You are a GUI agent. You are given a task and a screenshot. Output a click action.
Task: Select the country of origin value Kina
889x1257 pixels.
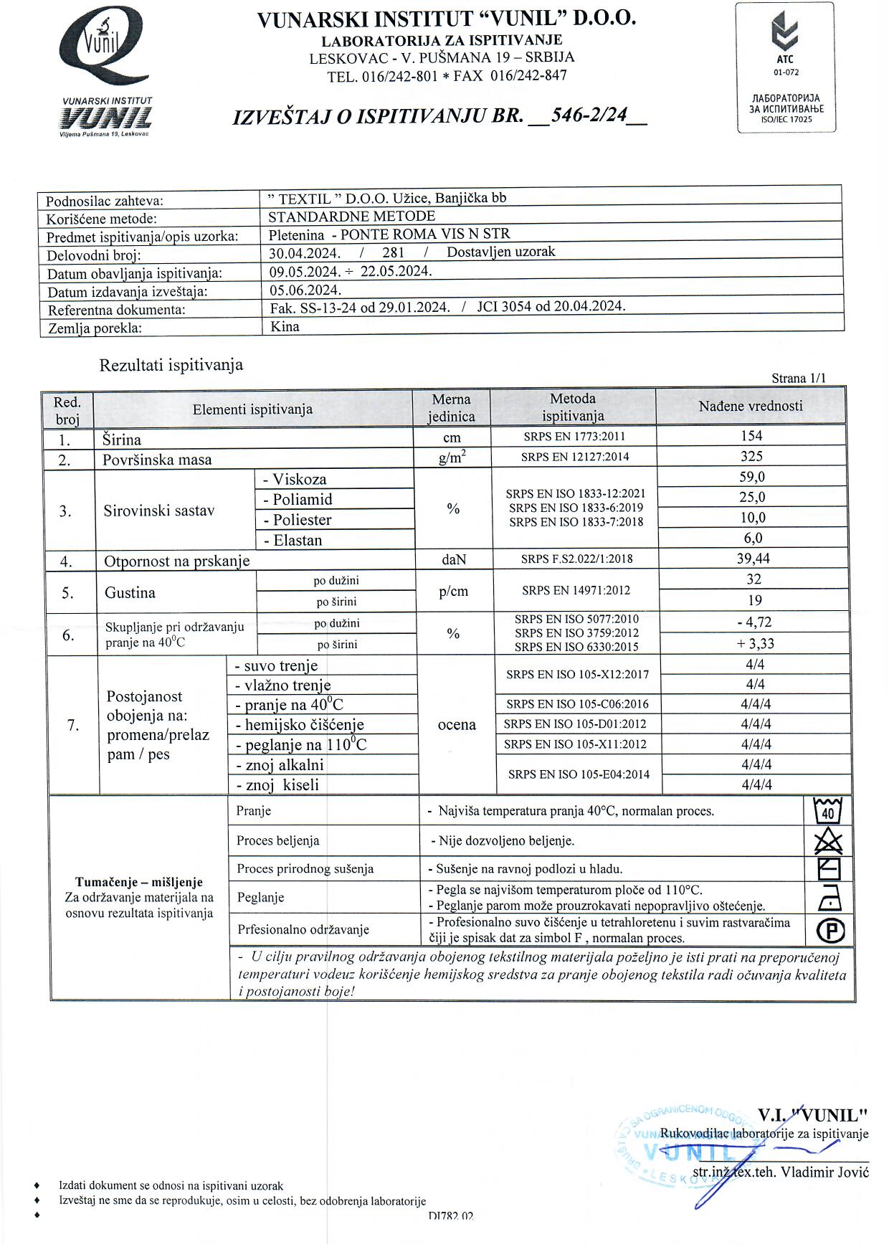(x=285, y=327)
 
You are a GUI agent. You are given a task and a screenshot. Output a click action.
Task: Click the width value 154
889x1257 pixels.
(x=751, y=436)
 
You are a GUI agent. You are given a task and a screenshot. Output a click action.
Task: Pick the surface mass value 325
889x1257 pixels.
(x=751, y=456)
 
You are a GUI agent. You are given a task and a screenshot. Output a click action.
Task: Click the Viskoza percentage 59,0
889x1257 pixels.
(x=752, y=477)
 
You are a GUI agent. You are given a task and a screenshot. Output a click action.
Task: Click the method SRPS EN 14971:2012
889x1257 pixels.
(x=576, y=590)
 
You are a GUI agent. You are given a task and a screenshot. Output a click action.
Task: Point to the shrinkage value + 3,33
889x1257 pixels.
(x=755, y=643)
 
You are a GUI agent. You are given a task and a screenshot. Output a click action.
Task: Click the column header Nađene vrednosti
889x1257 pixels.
(x=751, y=406)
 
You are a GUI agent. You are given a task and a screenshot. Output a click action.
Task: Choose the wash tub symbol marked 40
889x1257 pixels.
(x=828, y=811)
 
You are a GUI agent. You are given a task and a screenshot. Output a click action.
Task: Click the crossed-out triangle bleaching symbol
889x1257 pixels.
(x=829, y=840)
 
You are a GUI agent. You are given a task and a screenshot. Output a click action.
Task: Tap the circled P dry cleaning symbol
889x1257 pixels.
(x=830, y=930)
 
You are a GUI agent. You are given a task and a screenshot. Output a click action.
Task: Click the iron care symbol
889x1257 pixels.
(x=829, y=898)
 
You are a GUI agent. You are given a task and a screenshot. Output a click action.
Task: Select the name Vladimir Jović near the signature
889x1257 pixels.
(x=824, y=1172)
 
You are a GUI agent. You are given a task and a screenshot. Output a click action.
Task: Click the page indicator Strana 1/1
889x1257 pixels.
(x=799, y=378)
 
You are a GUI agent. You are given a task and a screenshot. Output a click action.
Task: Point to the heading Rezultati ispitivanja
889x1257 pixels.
(x=171, y=365)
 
